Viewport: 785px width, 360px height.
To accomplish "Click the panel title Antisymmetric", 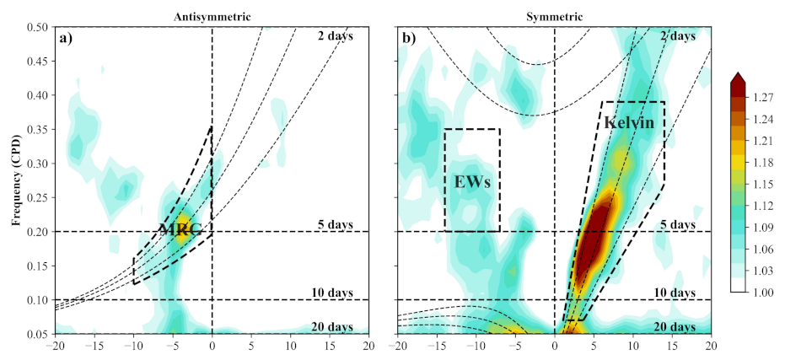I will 212,17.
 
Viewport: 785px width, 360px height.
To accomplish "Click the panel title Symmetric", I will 554,17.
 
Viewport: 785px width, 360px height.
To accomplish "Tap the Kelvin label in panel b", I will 629,122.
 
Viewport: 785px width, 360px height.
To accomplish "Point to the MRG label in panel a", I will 178,230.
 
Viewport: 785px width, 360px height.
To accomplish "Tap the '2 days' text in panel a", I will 335,35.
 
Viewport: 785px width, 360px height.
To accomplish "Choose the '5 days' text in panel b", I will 677,225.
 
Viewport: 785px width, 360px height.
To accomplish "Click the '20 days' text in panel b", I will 675,326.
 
